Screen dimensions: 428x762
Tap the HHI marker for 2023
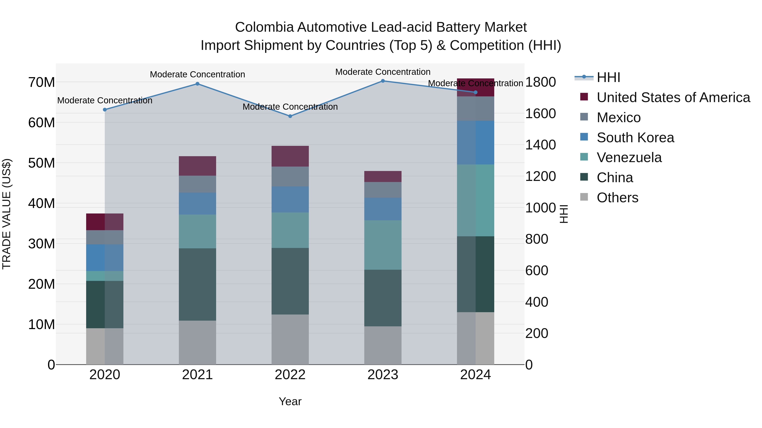pyautogui.click(x=383, y=81)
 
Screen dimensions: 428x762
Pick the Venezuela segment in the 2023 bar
pyautogui.click(x=383, y=245)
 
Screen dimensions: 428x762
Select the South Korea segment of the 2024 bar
pyautogui.click(x=475, y=142)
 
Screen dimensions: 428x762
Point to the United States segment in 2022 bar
pyautogui.click(x=290, y=156)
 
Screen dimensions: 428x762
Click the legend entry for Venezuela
pyautogui.click(x=629, y=157)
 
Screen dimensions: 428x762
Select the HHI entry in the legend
pyautogui.click(x=608, y=77)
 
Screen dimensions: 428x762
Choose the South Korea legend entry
pyautogui.click(x=635, y=138)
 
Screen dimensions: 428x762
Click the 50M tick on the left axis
pyautogui.click(x=41, y=163)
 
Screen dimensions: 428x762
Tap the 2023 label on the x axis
pyautogui.click(x=383, y=375)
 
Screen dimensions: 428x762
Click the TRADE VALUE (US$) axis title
pyautogui.click(x=7, y=214)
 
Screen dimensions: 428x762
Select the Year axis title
pyautogui.click(x=290, y=401)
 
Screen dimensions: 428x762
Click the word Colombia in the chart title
pyautogui.click(x=264, y=27)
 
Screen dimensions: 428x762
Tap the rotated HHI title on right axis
pyautogui.click(x=564, y=214)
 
